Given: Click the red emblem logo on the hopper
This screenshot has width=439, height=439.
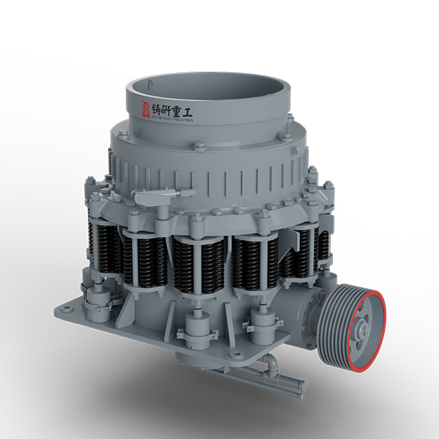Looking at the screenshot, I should point(144,109).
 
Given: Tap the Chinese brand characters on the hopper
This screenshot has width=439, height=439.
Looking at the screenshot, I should point(174,109).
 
